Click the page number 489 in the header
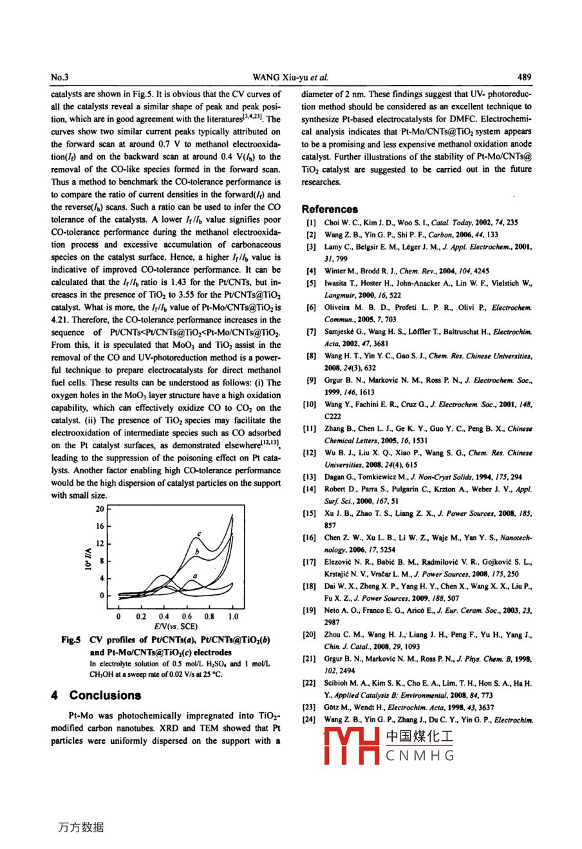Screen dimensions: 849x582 tap(524, 77)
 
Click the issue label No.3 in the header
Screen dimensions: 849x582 tap(60, 77)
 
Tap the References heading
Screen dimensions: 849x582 tap(330, 209)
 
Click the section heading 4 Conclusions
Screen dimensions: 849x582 tap(96, 695)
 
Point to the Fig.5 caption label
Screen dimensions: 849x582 tap(70, 640)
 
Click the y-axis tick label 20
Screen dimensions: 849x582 tap(100, 509)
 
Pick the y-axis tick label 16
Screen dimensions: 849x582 tap(100, 526)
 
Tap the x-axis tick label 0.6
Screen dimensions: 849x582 tap(187, 616)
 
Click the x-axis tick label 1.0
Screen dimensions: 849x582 tap(232, 616)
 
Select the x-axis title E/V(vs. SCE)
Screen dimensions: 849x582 tap(176, 626)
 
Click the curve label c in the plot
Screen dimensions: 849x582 tap(199, 534)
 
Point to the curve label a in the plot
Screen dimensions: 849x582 tap(194, 576)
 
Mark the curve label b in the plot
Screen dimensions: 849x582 tap(197, 552)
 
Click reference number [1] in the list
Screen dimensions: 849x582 tap(311, 223)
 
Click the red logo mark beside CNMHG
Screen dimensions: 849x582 tap(351, 746)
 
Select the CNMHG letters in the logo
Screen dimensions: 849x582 tap(420, 756)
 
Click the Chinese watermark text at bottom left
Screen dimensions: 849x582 tap(80, 827)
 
